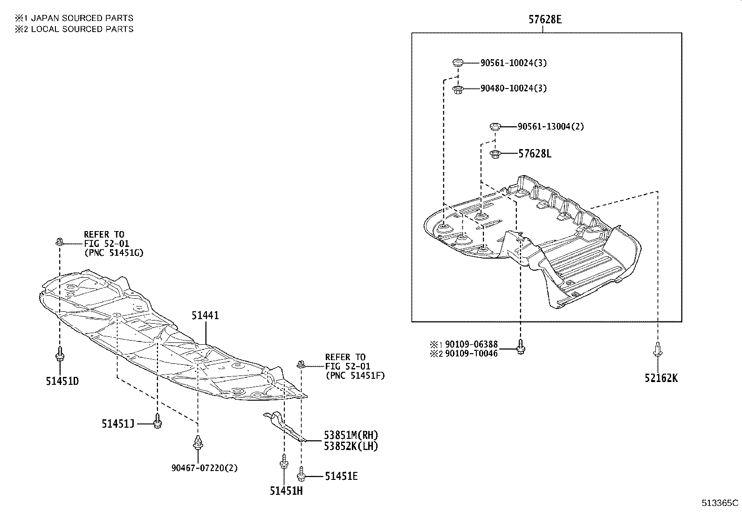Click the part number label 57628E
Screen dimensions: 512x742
545,20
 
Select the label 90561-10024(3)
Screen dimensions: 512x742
514,63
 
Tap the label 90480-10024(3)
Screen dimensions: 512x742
514,88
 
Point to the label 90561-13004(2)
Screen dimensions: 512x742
550,126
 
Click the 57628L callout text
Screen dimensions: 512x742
535,154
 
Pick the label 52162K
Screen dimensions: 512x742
661,378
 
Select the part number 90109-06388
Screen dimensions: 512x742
471,344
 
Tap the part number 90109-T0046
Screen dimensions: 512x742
471,354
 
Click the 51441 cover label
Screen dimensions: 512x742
205,315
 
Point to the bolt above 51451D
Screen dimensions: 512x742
60,354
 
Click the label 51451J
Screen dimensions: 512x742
118,423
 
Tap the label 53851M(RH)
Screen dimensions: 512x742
351,435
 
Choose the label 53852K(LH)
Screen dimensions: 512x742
351,446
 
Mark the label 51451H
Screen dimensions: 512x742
286,491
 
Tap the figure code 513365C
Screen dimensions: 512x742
721,503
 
